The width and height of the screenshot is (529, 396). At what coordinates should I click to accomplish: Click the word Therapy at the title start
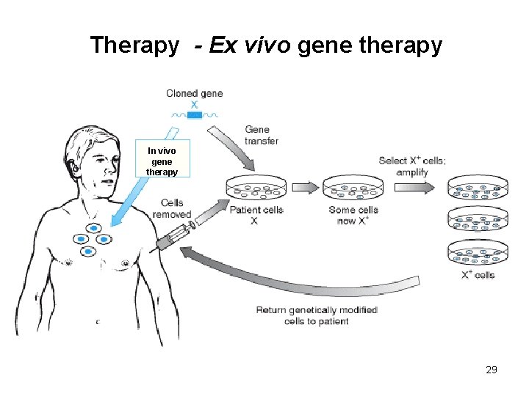134,45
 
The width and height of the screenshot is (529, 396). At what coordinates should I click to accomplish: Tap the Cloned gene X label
194,99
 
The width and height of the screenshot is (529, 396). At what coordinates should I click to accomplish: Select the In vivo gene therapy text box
162,161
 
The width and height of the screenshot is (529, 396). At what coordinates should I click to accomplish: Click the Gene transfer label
262,135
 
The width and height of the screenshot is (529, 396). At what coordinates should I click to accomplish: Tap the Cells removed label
172,208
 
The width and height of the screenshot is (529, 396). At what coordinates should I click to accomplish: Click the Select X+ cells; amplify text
411,166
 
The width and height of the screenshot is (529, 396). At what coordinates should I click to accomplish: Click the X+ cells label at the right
478,275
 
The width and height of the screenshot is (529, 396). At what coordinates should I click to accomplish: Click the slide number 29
492,370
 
